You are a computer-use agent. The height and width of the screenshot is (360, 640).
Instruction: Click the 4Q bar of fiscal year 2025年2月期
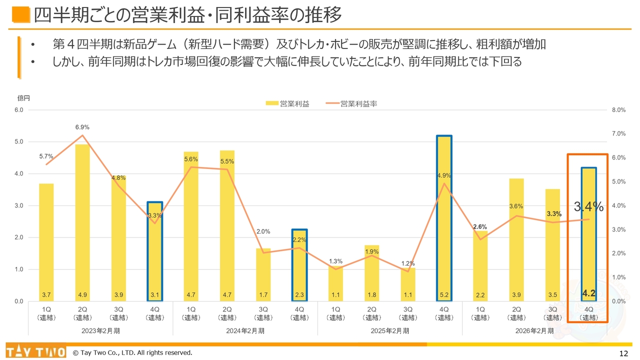(444, 218)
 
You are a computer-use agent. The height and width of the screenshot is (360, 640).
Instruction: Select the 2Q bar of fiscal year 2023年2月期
(82, 222)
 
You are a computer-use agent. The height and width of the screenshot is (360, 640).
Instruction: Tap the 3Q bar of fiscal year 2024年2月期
(263, 274)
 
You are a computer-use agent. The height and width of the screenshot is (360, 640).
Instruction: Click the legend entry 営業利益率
(358, 104)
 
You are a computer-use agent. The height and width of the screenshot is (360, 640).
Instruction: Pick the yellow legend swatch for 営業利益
(272, 104)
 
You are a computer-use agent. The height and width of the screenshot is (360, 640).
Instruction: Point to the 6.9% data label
(82, 127)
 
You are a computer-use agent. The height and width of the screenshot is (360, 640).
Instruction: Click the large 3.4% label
(588, 206)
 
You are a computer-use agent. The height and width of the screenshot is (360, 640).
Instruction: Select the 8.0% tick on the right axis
(618, 110)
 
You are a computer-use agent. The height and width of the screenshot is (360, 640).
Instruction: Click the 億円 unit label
(24, 98)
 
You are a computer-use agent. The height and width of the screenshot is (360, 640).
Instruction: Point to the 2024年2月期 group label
(245, 330)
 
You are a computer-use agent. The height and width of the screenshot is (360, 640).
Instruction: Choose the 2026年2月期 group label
(534, 330)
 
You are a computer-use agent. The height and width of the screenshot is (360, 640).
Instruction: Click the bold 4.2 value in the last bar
(588, 293)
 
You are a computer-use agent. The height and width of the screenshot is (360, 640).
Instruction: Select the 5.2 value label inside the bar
(444, 295)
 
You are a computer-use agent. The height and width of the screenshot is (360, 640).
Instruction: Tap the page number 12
(623, 353)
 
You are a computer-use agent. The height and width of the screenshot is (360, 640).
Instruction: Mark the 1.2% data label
(408, 263)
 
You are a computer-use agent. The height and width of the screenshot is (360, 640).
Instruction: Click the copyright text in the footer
(132, 353)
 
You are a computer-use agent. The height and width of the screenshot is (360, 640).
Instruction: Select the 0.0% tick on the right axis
(618, 301)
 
